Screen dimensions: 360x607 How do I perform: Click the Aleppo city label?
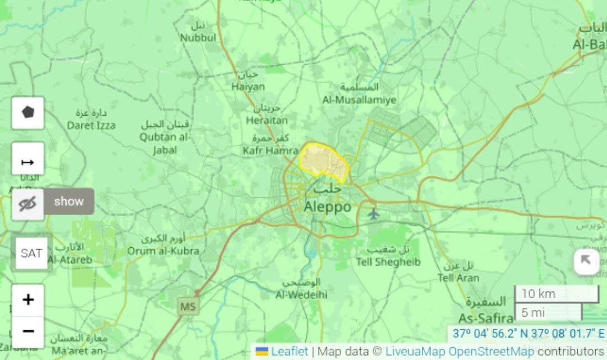pos(327,207)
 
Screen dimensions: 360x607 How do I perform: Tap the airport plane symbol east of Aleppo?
pos(373,213)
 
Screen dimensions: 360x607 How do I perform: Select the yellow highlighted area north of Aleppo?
pos(323,160)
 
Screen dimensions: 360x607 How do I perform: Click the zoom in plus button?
pos(28,300)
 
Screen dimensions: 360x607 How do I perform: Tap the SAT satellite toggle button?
pos(31,253)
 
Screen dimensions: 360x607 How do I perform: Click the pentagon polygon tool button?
pos(28,112)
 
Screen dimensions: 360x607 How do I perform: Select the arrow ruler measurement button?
pos(28,162)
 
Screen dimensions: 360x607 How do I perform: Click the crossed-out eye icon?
pos(28,204)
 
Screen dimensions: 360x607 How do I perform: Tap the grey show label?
pos(69,202)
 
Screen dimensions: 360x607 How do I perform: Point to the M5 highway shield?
pos(187,307)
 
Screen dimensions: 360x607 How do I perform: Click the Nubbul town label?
pos(198,38)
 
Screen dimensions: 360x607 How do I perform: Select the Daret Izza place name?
pos(91,125)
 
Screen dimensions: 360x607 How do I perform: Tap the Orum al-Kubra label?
pos(163,250)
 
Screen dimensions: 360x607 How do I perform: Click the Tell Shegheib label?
pos(388,262)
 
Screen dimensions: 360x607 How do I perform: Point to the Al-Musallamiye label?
pos(359,100)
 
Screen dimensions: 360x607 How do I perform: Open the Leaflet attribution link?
pos(289,352)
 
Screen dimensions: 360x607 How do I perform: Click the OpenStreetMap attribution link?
pos(491,352)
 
